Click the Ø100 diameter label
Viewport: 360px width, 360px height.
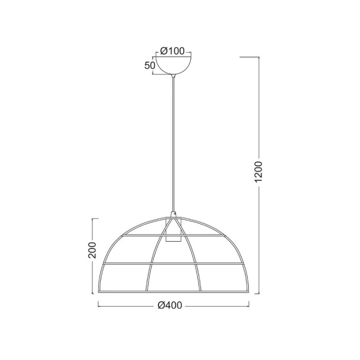[x=172, y=50]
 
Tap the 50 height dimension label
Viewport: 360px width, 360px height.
[x=150, y=65]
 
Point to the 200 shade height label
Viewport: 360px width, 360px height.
[x=92, y=250]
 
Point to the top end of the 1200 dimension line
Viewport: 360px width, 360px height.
[x=259, y=55]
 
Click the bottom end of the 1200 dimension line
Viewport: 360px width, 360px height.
[x=259, y=294]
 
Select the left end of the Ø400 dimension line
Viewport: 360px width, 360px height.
[x=98, y=305]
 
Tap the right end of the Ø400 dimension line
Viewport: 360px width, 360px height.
[x=249, y=305]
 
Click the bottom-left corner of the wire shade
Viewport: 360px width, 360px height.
[x=100, y=293]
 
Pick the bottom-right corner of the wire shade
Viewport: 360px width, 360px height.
[x=248, y=293]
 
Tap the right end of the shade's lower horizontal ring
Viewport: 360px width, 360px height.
[x=244, y=264]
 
